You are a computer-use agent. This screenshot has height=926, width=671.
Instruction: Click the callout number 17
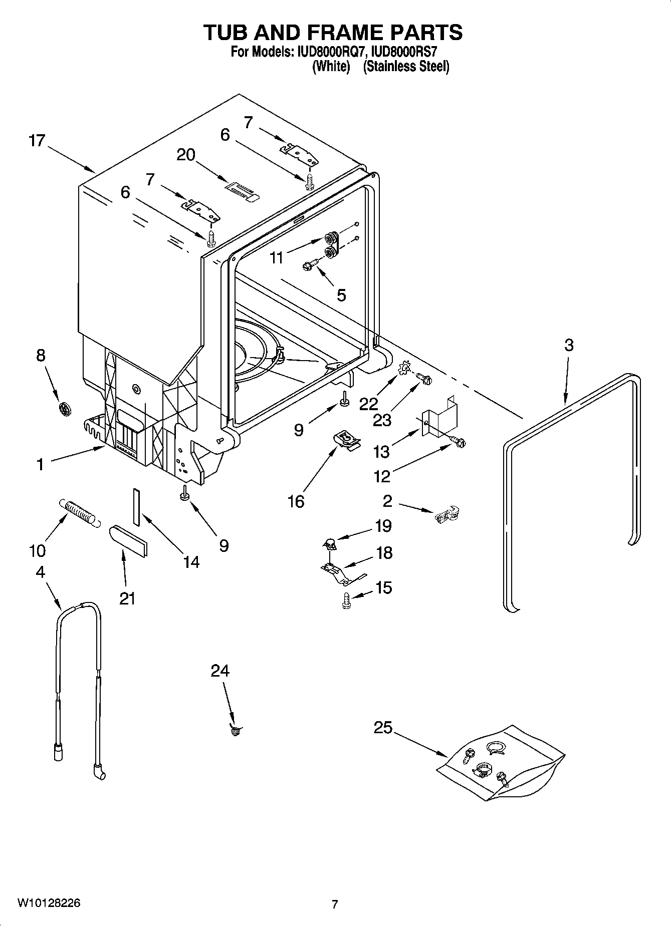(37, 141)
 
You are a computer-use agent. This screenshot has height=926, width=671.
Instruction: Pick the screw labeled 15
(345, 600)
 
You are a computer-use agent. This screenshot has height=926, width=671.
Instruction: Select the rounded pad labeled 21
(129, 541)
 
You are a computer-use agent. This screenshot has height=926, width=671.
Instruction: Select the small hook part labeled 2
(448, 514)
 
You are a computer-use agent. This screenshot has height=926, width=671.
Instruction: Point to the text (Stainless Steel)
(406, 67)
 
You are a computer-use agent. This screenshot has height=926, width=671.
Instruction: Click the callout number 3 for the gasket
(568, 345)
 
